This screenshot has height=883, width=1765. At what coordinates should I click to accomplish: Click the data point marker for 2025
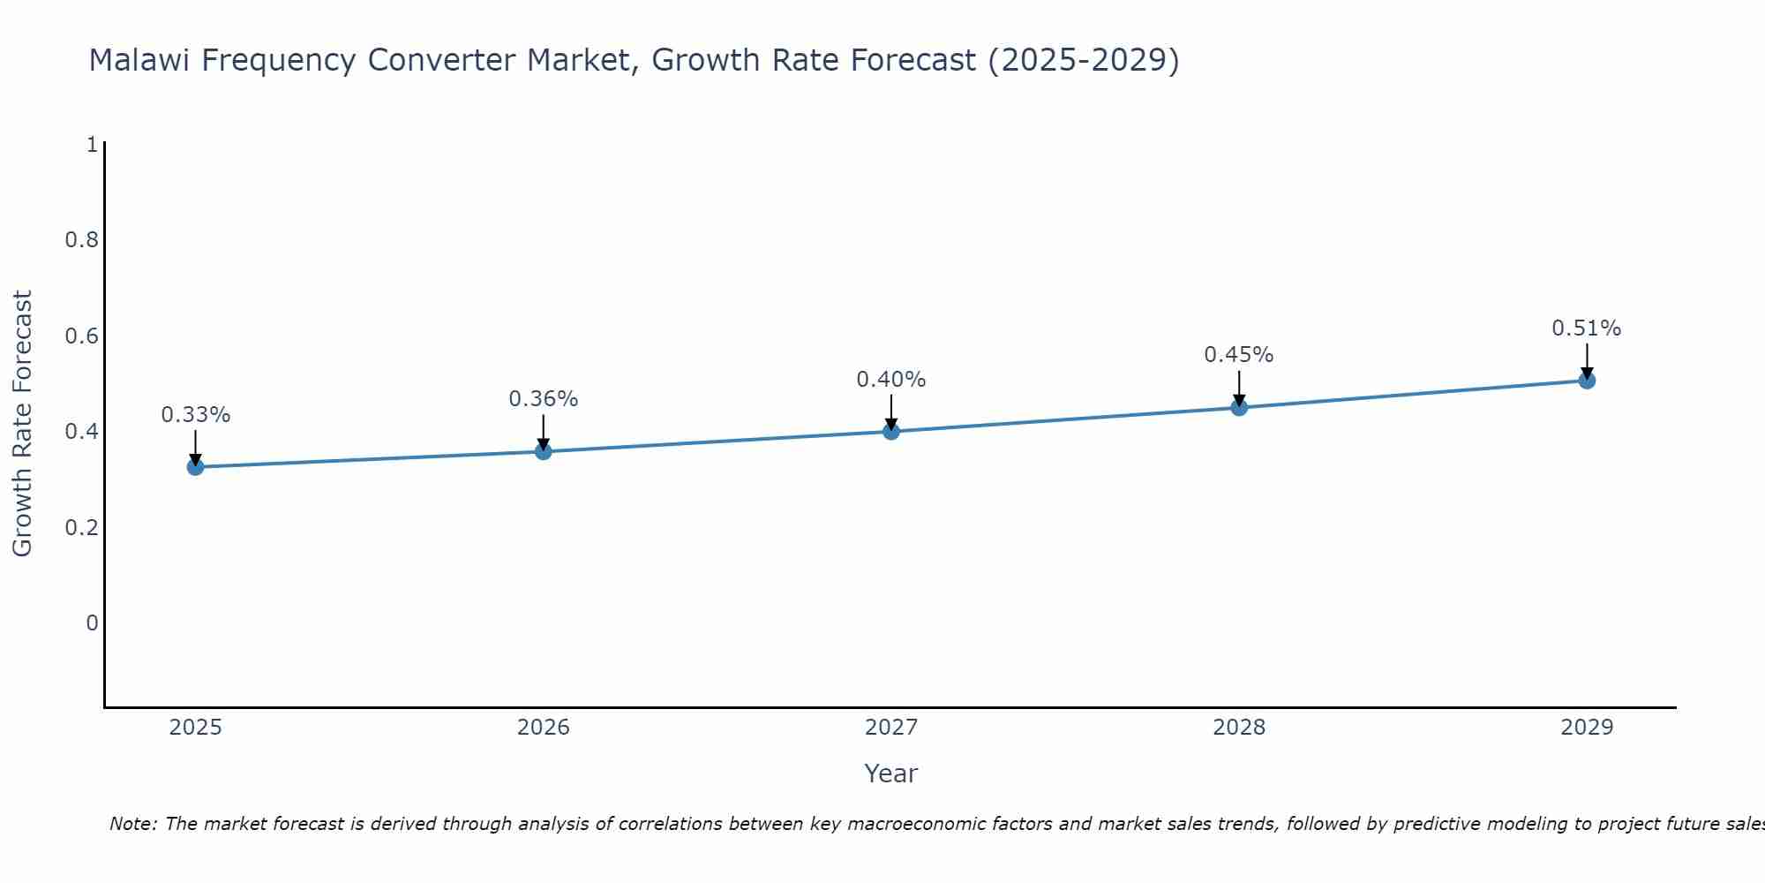click(196, 467)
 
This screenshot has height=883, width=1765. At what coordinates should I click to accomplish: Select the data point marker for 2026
click(544, 451)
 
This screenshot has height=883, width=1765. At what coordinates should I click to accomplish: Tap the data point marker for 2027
click(891, 431)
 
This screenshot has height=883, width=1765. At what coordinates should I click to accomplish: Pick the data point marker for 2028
click(1239, 407)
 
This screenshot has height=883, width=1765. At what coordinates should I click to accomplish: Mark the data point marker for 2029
click(1587, 381)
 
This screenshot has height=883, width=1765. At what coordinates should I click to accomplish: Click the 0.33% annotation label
click(196, 415)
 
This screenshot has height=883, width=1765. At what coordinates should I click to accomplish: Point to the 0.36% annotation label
click(544, 399)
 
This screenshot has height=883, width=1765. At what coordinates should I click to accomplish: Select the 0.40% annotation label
click(891, 380)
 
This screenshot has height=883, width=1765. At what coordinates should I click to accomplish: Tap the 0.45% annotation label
click(1239, 355)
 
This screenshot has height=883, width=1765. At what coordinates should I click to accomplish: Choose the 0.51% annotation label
click(1587, 328)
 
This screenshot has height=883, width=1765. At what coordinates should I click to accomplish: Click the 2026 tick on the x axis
click(544, 728)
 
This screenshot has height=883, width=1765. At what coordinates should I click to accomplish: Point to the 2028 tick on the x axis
click(1239, 728)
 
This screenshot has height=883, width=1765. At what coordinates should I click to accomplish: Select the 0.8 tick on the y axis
click(81, 240)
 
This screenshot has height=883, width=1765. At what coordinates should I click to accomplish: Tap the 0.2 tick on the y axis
click(81, 528)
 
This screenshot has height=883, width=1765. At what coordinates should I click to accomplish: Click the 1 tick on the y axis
click(92, 145)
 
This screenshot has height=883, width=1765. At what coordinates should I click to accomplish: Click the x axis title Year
click(891, 774)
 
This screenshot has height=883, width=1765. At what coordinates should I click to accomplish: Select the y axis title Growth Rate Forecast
click(23, 424)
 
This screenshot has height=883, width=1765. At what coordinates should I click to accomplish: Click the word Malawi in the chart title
click(140, 60)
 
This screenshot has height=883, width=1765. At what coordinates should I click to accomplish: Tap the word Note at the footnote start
click(132, 824)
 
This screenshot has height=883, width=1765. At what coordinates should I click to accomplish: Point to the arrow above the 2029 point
click(1587, 360)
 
